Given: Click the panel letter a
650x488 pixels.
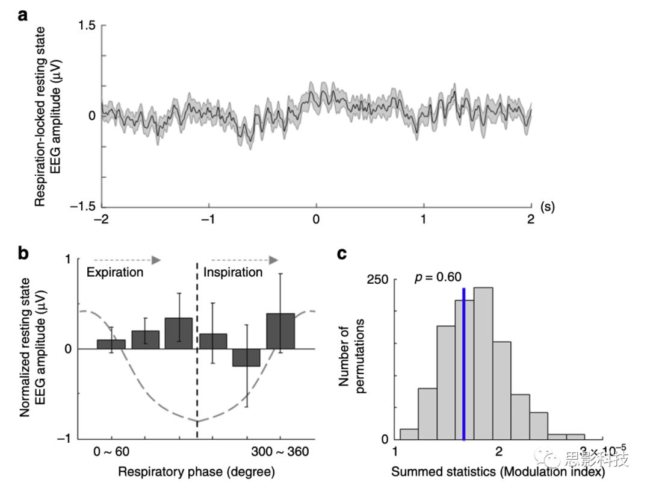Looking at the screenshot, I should [x=23, y=14].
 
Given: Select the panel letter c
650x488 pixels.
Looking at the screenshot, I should [x=342, y=253].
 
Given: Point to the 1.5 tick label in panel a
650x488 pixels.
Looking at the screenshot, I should [x=87, y=25].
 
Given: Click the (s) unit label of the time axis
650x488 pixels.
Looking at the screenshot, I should [x=547, y=207].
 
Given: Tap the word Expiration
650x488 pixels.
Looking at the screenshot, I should [x=115, y=272].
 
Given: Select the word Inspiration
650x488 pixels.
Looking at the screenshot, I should [x=233, y=272].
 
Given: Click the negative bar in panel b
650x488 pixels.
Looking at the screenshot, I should [x=246, y=357].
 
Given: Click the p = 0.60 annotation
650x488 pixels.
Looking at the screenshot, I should [x=438, y=277].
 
